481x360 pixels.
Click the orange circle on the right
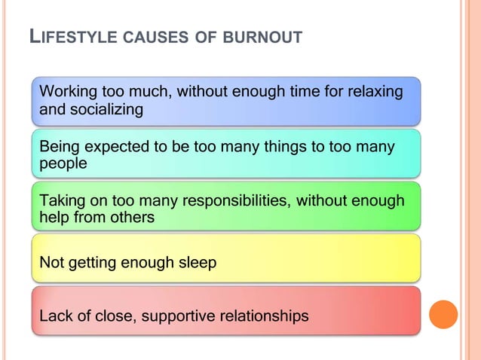coord(443,314)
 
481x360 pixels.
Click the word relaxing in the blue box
coord(373,93)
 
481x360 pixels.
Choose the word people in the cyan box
coord(63,163)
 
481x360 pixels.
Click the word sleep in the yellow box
coord(196,263)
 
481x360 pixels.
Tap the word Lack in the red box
coord(56,316)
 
